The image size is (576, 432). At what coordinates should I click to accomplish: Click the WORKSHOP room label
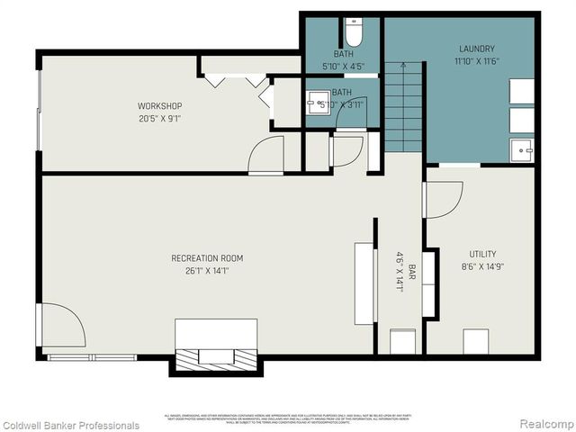(160, 106)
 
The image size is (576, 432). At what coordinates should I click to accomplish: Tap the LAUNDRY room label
(477, 49)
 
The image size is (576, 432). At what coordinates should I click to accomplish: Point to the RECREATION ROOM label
(207, 258)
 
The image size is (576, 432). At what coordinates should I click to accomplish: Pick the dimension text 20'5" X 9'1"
(160, 118)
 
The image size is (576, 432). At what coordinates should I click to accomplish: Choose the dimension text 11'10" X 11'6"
(477, 61)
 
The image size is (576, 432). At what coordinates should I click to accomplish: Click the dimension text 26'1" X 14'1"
(207, 270)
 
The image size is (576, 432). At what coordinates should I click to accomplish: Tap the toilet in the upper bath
(354, 33)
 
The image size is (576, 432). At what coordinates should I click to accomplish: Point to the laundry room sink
(520, 150)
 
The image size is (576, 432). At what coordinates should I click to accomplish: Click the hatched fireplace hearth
(215, 356)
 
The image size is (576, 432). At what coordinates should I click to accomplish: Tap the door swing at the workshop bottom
(267, 155)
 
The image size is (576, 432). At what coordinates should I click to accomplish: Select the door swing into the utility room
(444, 199)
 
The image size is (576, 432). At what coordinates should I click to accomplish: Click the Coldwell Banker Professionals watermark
(70, 425)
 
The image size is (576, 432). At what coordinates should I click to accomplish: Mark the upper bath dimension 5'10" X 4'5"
(343, 66)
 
